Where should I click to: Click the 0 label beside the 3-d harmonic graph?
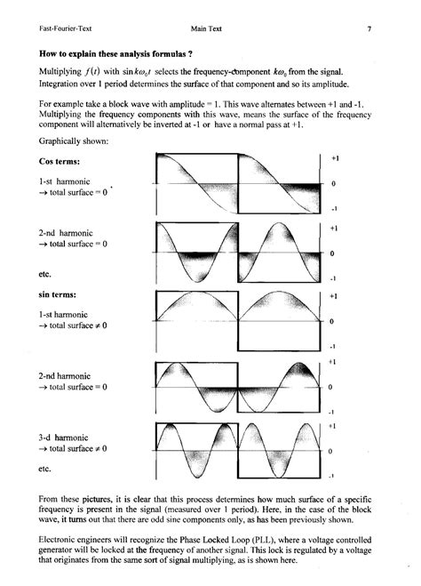click(330, 452)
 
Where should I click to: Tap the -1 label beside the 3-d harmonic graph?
click(330, 477)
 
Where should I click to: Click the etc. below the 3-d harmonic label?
click(48, 468)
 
